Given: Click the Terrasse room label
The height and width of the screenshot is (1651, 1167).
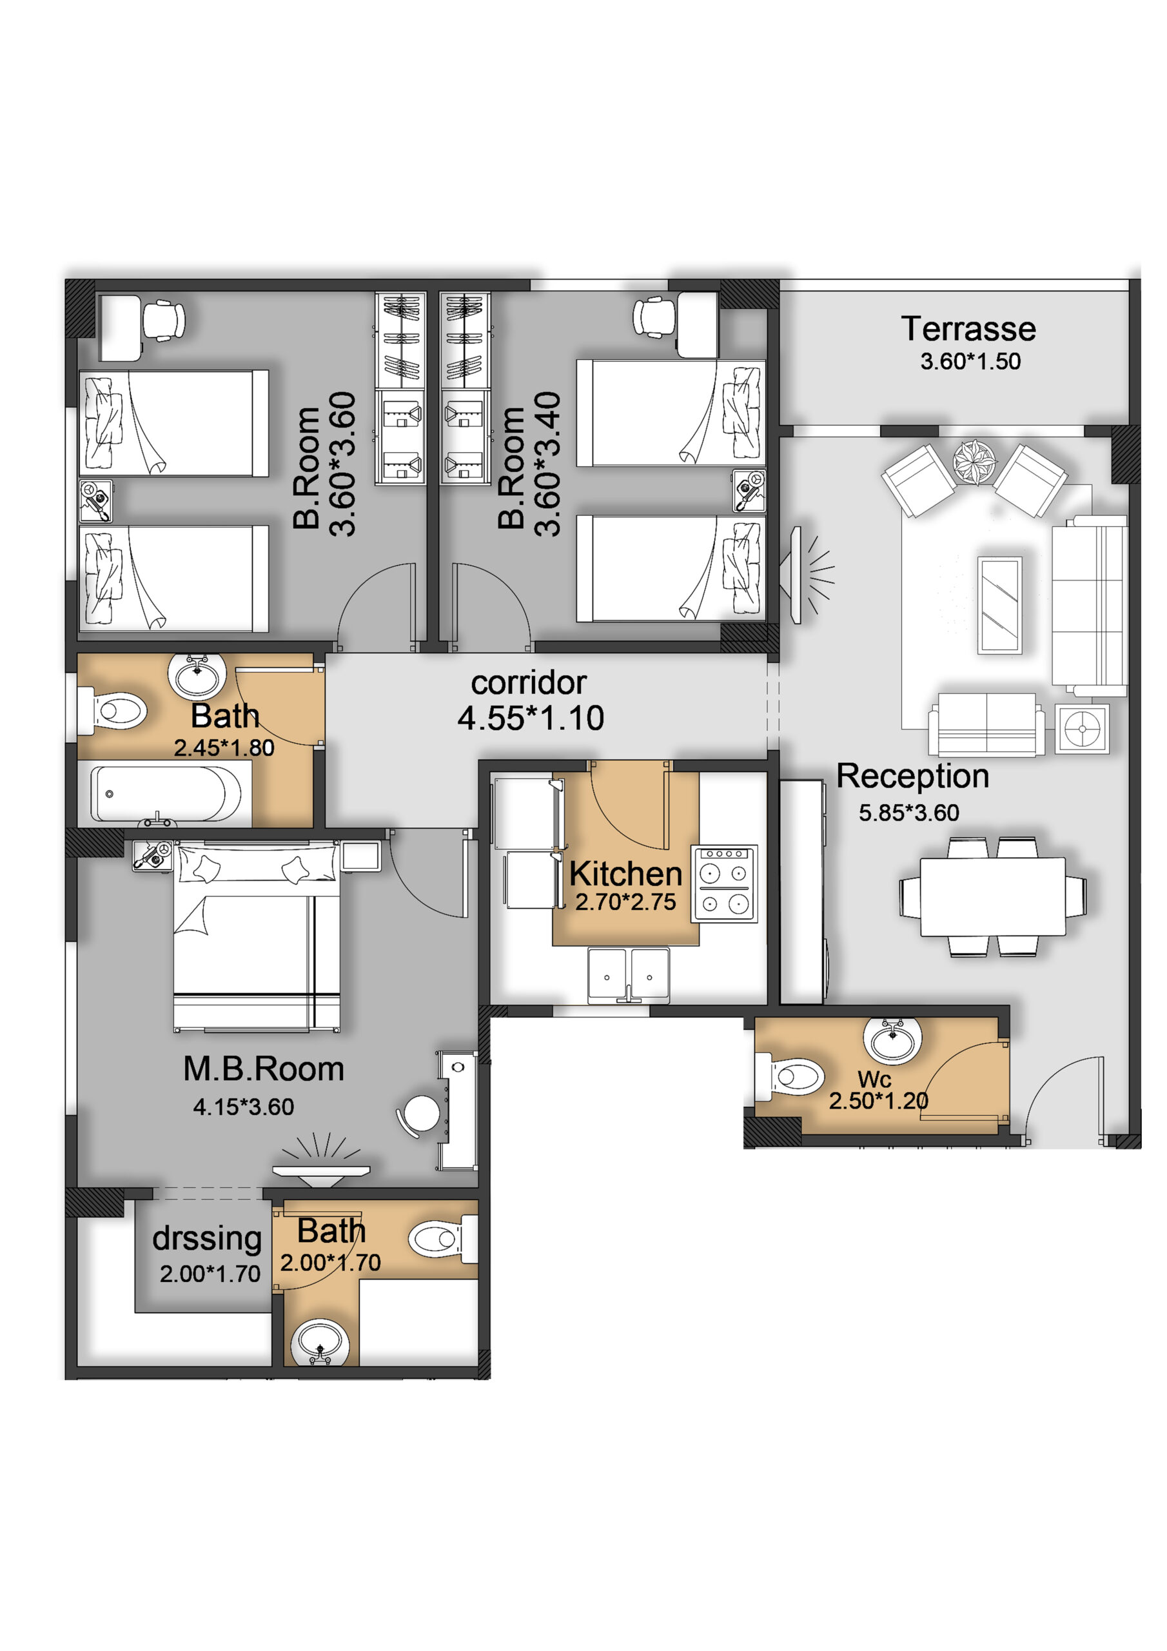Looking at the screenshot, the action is coord(968,330).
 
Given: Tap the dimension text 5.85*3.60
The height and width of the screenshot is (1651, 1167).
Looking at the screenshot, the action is coord(909,813).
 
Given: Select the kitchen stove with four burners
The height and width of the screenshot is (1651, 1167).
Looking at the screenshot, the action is coord(724,884).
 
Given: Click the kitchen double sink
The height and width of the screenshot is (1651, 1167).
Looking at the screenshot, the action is coord(629,975).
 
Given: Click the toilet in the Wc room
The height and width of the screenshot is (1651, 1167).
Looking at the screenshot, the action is coord(790,1076).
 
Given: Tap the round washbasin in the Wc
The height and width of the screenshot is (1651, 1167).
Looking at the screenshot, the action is coord(892,1040).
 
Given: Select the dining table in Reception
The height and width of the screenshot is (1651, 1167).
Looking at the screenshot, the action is coord(992,896).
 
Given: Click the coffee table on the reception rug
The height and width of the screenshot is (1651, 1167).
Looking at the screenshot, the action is coord(999,605).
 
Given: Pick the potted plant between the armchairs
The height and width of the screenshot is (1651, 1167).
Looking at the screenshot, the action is coord(974,461).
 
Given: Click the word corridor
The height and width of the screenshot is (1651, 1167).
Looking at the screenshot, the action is coord(529,683).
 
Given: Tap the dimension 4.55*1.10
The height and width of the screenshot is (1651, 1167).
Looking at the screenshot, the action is coord(531,718).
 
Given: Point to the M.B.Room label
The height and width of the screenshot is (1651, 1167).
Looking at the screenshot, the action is coord(263,1069).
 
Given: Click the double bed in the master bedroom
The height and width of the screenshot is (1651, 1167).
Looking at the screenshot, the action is coord(257,938).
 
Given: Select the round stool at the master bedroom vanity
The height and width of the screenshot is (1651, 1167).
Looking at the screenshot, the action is coord(420,1113).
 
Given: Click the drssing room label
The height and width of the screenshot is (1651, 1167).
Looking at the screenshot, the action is coord(207,1238).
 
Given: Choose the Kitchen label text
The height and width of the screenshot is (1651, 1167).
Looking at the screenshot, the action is coord(625,874).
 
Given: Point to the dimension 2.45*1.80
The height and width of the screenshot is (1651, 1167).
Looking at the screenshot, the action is coord(224,748).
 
